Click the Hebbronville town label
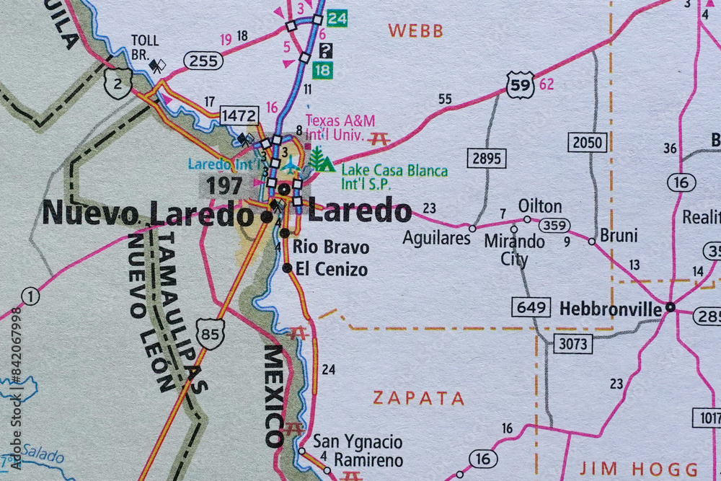pyautogui.click(x=611, y=309)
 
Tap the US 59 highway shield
pyautogui.click(x=520, y=84)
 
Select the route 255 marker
pyautogui.click(x=204, y=61)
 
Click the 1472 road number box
pyautogui.click(x=239, y=115)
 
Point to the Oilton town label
pyautogui.click(x=540, y=206)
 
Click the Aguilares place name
pyautogui.click(x=436, y=238)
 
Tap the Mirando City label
pyautogui.click(x=514, y=250)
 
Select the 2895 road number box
pyautogui.click(x=486, y=158)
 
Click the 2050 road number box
pyautogui.click(x=587, y=142)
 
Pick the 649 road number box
pyautogui.click(x=531, y=307)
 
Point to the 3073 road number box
pyautogui.click(x=573, y=344)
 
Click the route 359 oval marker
pyautogui.click(x=554, y=225)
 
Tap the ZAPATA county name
pyautogui.click(x=419, y=398)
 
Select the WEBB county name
pyautogui.click(x=415, y=31)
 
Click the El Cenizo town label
pyautogui.click(x=331, y=270)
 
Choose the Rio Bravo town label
pyautogui.click(x=331, y=247)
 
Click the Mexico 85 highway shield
pyautogui.click(x=211, y=334)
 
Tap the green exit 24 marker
pyautogui.click(x=336, y=19)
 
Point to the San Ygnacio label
pyautogui.click(x=358, y=441)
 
